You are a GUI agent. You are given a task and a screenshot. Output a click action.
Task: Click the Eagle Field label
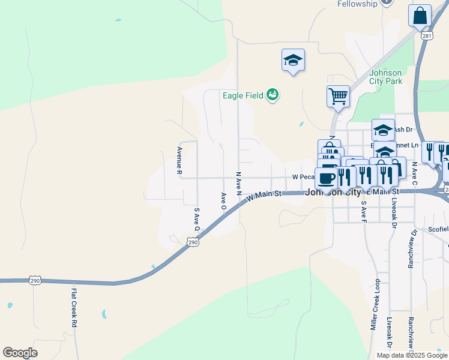[x=243, y=95]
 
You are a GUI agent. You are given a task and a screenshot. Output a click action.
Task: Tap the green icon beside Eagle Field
[x=273, y=95]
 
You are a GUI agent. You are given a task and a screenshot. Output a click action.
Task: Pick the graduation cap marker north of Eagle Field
[x=293, y=60]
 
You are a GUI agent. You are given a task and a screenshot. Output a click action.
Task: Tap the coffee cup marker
[x=326, y=178]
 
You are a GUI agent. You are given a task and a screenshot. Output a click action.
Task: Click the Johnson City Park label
[x=385, y=77]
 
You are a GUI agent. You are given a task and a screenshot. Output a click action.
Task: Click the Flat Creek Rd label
[x=74, y=308]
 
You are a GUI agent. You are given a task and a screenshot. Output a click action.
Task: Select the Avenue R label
[x=179, y=160]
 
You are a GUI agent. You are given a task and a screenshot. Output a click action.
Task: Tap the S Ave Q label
[x=196, y=219]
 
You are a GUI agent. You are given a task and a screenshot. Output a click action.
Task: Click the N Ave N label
[x=238, y=184]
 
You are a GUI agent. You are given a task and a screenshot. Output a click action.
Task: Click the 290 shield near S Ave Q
[x=192, y=241]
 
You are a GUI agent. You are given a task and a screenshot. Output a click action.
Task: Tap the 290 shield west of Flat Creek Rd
[x=35, y=280]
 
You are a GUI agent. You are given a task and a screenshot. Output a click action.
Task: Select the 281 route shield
[x=426, y=36]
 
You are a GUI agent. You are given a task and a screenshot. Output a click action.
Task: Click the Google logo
[x=20, y=353]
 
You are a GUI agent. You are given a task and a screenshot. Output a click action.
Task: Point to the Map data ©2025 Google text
[x=411, y=355]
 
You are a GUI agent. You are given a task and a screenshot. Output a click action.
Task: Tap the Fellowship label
[x=357, y=4]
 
